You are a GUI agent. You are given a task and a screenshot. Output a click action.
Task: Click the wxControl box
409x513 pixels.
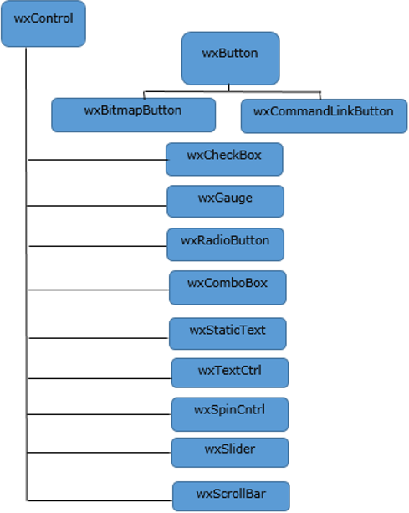[43, 25]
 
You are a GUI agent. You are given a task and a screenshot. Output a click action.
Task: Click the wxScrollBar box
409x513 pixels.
[231, 495]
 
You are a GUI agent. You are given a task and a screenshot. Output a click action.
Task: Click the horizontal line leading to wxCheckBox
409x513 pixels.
[96, 160]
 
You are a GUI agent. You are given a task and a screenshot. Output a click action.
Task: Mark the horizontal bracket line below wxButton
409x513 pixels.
[230, 91]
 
